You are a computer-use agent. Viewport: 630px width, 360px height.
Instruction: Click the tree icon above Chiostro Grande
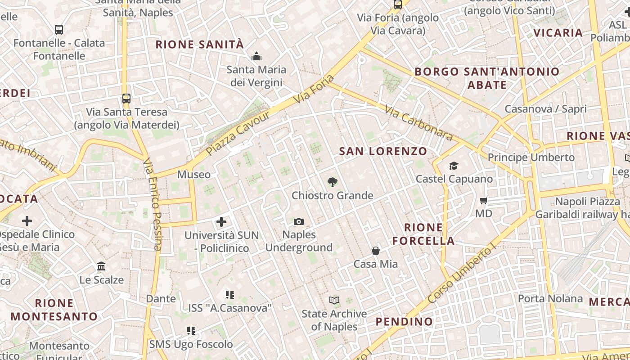pos(332,182)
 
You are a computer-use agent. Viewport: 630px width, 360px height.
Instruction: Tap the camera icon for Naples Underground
pos(298,221)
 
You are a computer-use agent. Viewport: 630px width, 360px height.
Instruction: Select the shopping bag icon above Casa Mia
pos(376,251)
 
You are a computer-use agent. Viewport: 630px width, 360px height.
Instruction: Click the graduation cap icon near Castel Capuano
pos(454,166)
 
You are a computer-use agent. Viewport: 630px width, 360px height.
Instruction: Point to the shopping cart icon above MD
pos(484,200)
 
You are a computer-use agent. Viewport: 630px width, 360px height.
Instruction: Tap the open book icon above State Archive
pos(334,300)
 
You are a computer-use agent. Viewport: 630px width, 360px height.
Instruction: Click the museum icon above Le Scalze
pos(101,266)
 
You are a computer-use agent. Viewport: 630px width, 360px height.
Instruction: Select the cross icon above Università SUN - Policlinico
pos(221,221)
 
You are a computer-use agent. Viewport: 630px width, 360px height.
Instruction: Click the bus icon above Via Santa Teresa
pos(126,98)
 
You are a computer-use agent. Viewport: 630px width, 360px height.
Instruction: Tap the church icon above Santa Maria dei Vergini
pos(256,56)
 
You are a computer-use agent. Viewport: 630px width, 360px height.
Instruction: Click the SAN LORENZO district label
pos(383,151)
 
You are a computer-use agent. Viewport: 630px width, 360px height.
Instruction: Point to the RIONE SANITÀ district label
pos(199,45)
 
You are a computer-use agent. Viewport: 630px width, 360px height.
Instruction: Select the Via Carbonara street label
pos(418,122)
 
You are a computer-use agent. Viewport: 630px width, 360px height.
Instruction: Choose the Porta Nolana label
pos(550,298)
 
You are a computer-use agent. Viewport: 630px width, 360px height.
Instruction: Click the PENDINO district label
pos(404,321)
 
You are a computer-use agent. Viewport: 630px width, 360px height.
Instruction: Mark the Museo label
pos(193,174)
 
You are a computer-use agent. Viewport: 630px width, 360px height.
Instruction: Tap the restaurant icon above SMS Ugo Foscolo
pos(191,331)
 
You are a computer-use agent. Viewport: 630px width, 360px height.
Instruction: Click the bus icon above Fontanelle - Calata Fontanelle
pos(59,30)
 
